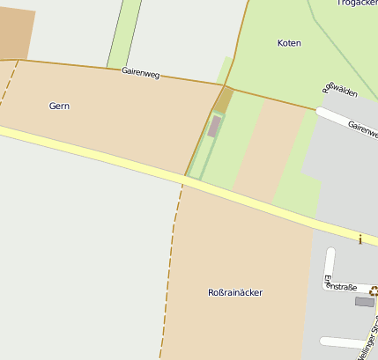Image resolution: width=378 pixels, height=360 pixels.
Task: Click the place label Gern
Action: pos(59,106)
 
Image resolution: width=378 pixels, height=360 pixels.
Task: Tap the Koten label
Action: pos(289,42)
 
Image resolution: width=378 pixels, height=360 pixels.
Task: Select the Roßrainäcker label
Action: pos(234,292)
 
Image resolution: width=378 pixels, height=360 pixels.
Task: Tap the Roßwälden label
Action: pos(339,95)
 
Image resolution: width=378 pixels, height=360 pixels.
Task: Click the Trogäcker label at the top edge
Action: pos(356,4)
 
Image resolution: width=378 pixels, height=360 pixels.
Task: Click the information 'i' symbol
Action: pos(359,238)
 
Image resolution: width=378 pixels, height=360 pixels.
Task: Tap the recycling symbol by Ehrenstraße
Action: pos(374,290)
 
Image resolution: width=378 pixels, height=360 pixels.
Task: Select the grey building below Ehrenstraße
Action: pos(364,302)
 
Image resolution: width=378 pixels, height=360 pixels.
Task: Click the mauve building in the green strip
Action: pos(214,126)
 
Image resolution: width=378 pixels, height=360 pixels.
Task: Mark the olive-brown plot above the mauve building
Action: pos(224,99)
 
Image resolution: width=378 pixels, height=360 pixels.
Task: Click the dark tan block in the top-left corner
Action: pos(16,33)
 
